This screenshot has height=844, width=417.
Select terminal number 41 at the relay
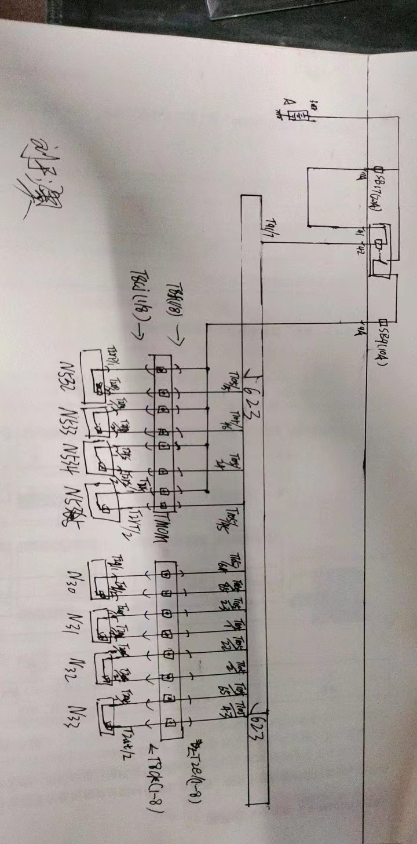(360, 231)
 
